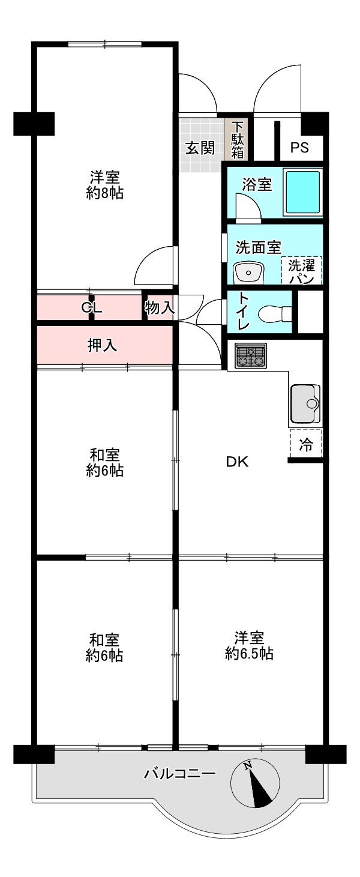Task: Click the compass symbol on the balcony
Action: coord(255,785)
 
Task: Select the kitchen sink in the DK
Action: coord(305,403)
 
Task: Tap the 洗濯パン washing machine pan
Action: coord(302,271)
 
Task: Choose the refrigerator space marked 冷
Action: coord(306,445)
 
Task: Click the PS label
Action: coord(300,148)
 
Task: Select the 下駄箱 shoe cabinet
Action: coord(238,140)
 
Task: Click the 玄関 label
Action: coord(200,148)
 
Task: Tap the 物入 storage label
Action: coord(159,309)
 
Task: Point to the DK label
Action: coord(237,462)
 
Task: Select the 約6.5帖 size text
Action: coord(249,654)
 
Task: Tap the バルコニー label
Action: coord(179,774)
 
